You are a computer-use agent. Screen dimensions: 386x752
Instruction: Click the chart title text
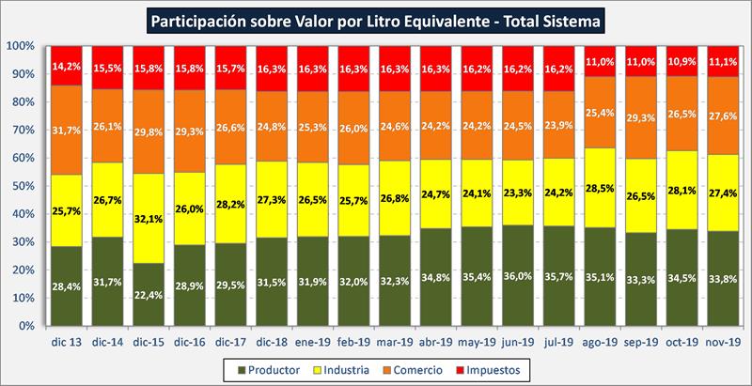pos(376,19)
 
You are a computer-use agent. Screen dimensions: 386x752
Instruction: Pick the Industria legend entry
pos(360,367)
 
